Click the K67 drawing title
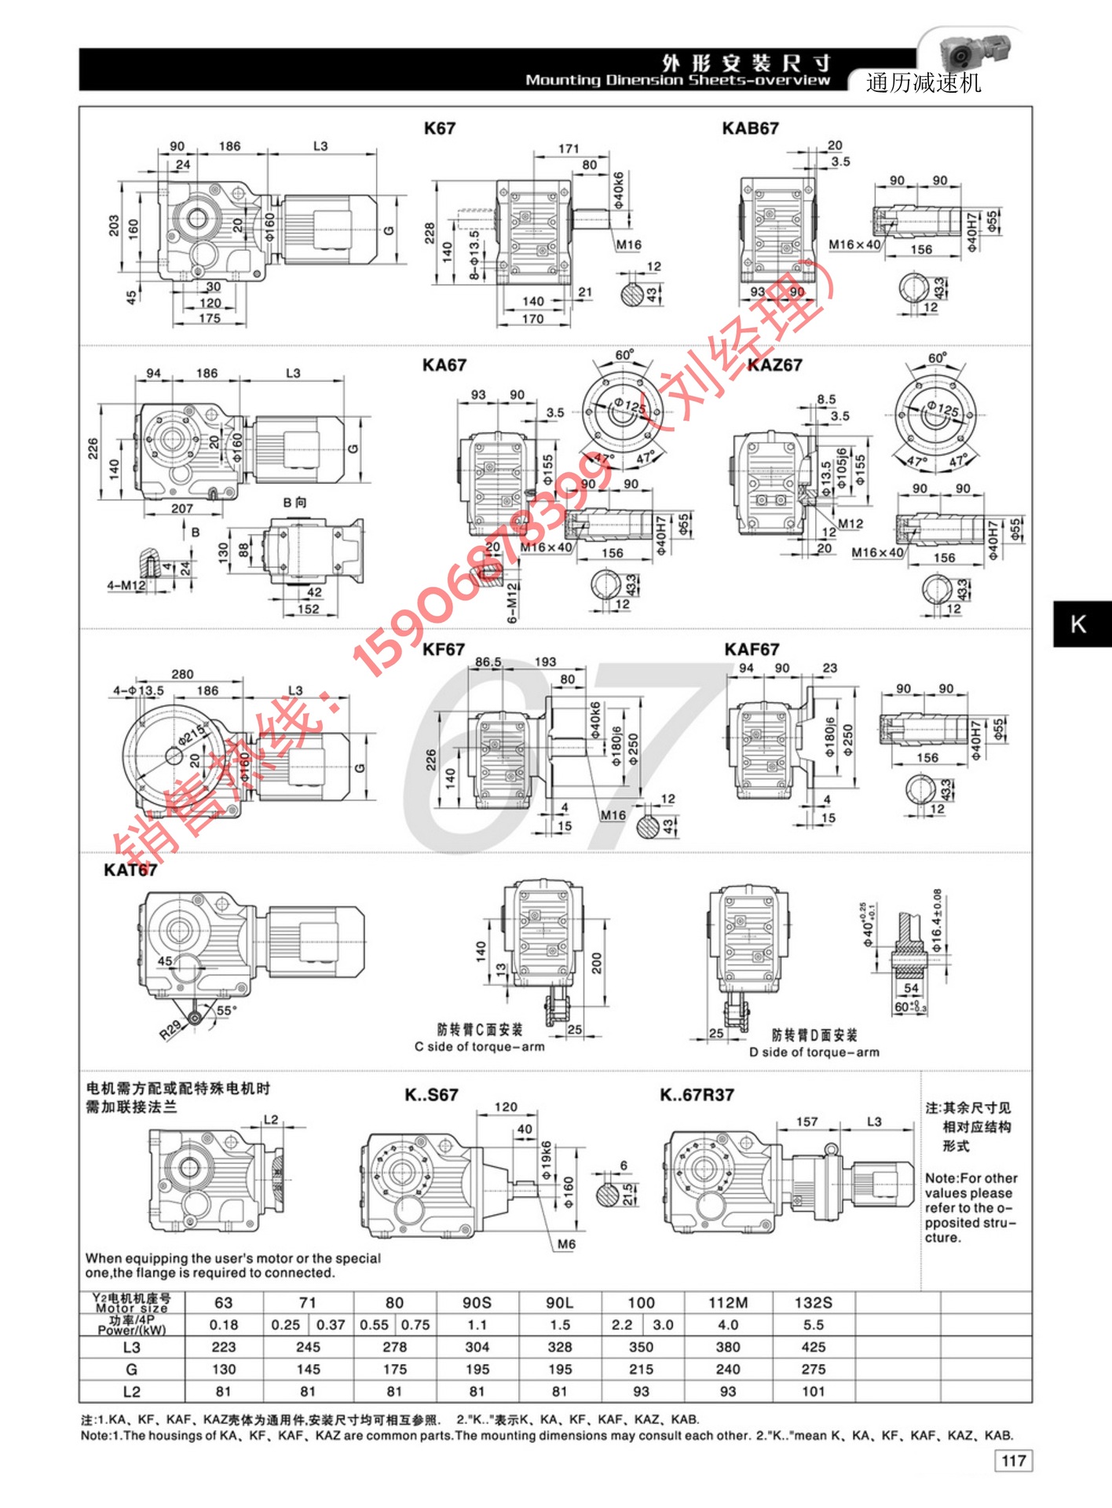pos(439,129)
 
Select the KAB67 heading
pos(750,129)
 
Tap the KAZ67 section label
pos(776,365)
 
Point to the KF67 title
pos(443,650)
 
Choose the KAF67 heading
pos(752,650)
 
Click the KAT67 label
pos(130,870)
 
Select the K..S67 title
pos(431,1095)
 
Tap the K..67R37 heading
pos(697,1095)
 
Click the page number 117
pos(1014,1461)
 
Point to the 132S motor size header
pos(813,1303)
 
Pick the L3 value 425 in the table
pos(813,1347)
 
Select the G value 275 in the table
pos(813,1369)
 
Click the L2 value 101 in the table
pos(813,1391)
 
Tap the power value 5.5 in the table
pos(813,1325)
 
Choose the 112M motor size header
pos(727,1303)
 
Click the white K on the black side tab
pos(1078,624)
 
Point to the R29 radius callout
pos(170,1029)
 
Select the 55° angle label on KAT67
pos(226,1010)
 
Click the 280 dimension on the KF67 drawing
pos(182,674)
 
